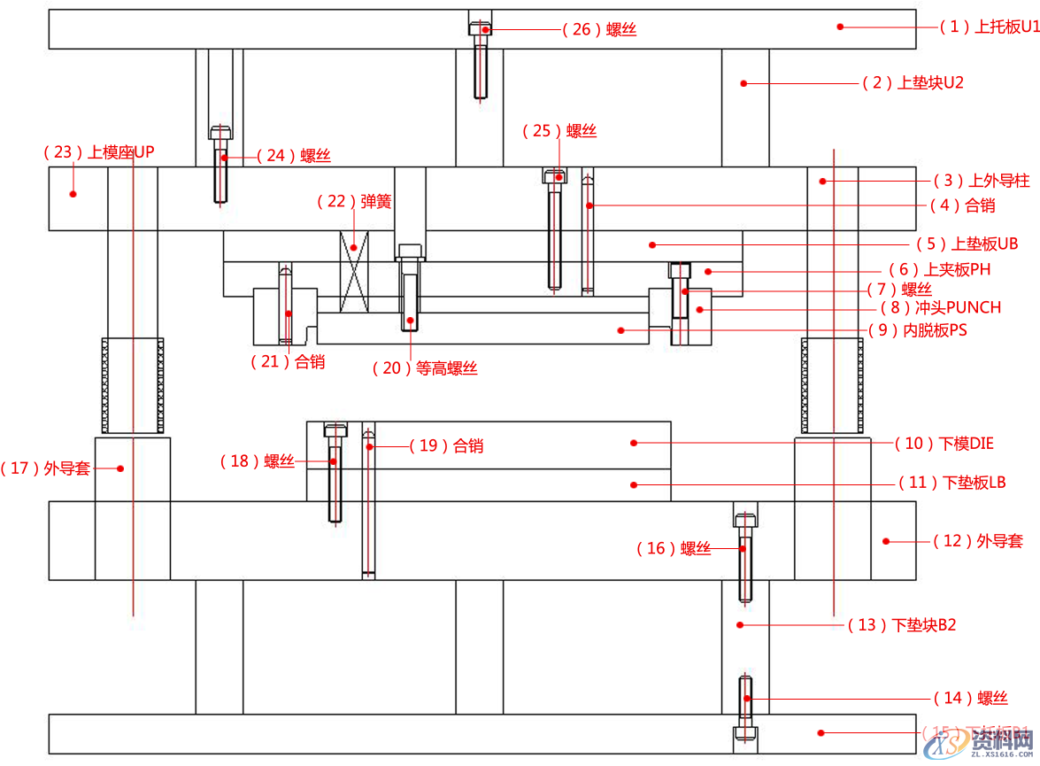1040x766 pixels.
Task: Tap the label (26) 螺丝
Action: pyautogui.click(x=599, y=30)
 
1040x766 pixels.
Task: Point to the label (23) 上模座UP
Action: pyautogui.click(x=98, y=152)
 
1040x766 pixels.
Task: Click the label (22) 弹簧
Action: pyautogui.click(x=354, y=202)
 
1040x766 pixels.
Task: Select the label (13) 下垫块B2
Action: pyautogui.click(x=902, y=625)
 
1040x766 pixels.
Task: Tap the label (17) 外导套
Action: pyautogui.click(x=46, y=468)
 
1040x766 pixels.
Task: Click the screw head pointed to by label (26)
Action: pyautogui.click(x=480, y=28)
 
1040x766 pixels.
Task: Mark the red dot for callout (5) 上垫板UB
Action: pyautogui.click(x=652, y=244)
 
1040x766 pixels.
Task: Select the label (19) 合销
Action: pyautogui.click(x=447, y=446)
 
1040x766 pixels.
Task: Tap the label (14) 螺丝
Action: pyautogui.click(x=971, y=699)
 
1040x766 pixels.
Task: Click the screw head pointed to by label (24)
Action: pyautogui.click(x=221, y=134)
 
